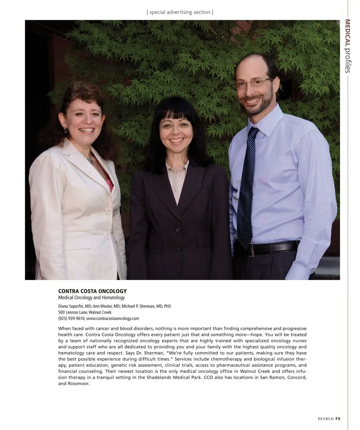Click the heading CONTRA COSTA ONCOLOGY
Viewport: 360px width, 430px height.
[x=92, y=291]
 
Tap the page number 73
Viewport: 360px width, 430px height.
[x=337, y=419]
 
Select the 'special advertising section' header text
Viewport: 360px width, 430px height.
[x=180, y=12]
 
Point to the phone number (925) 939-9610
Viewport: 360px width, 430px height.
[x=71, y=318]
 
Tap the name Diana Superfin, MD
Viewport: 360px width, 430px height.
[x=75, y=306]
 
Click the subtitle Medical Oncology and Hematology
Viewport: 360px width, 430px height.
[x=91, y=298]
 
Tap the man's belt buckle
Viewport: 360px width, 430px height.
[x=250, y=250]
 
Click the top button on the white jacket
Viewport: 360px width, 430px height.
[x=109, y=211]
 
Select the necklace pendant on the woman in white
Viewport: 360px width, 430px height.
[x=90, y=160]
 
